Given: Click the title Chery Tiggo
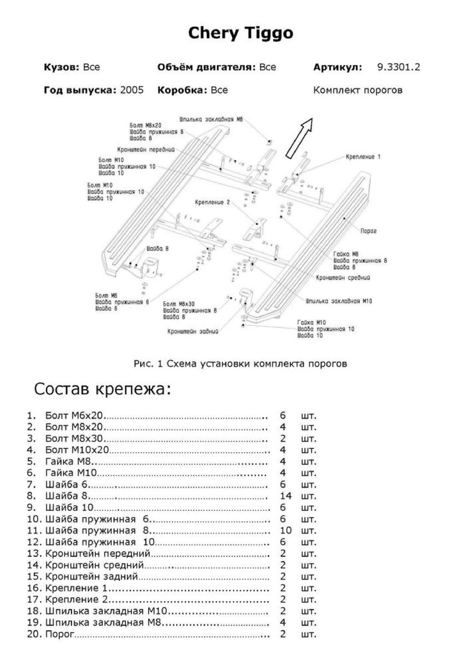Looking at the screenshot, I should coord(241,34).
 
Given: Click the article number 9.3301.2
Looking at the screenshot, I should coord(398,68).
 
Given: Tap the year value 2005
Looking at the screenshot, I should coord(132,90).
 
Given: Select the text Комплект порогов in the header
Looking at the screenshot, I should coord(357,90).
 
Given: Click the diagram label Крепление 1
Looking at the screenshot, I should coord(363,157).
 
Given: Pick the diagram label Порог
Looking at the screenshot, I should coord(368,231).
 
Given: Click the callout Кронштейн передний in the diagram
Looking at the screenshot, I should coord(146,150).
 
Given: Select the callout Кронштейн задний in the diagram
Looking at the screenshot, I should coord(193,332).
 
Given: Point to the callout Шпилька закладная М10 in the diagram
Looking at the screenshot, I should coord(339,301).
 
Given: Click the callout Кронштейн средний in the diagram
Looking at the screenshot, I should coord(343,277).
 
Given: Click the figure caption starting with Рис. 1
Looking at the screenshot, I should coord(240,364).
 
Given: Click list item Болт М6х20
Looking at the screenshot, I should coord(75,415).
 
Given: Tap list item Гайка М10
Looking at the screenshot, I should coord(71,473).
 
